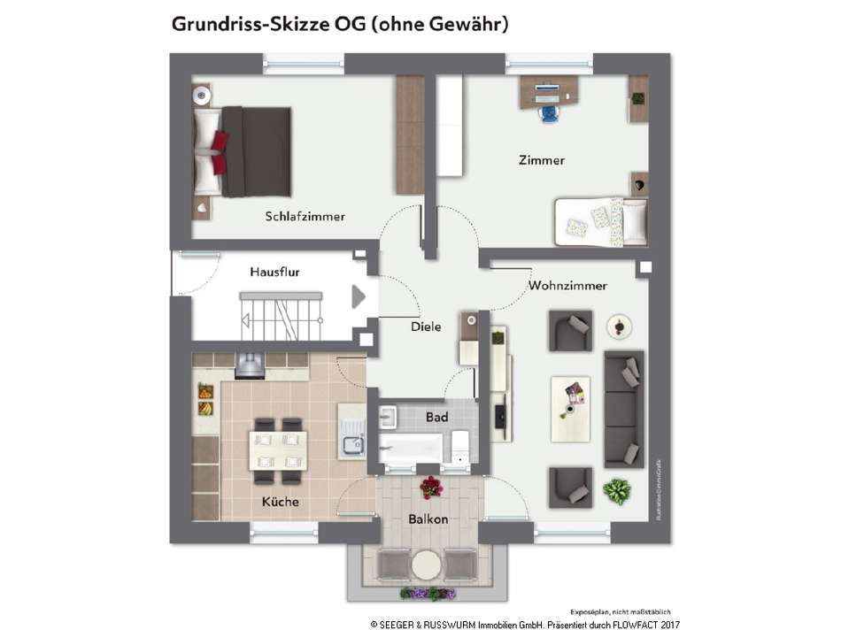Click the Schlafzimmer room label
[x=305, y=216]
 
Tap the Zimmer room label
[x=541, y=160]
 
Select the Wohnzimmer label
[x=567, y=286]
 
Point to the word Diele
[x=426, y=327]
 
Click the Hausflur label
[x=274, y=272]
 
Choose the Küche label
[x=280, y=502]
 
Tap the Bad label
[x=436, y=417]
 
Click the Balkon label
[x=428, y=519]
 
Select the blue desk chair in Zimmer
[x=548, y=112]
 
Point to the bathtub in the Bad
[x=411, y=447]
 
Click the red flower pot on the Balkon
[x=431, y=486]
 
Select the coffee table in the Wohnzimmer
[x=570, y=408]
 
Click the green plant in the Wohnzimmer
[x=616, y=489]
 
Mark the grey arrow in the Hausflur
[x=359, y=296]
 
